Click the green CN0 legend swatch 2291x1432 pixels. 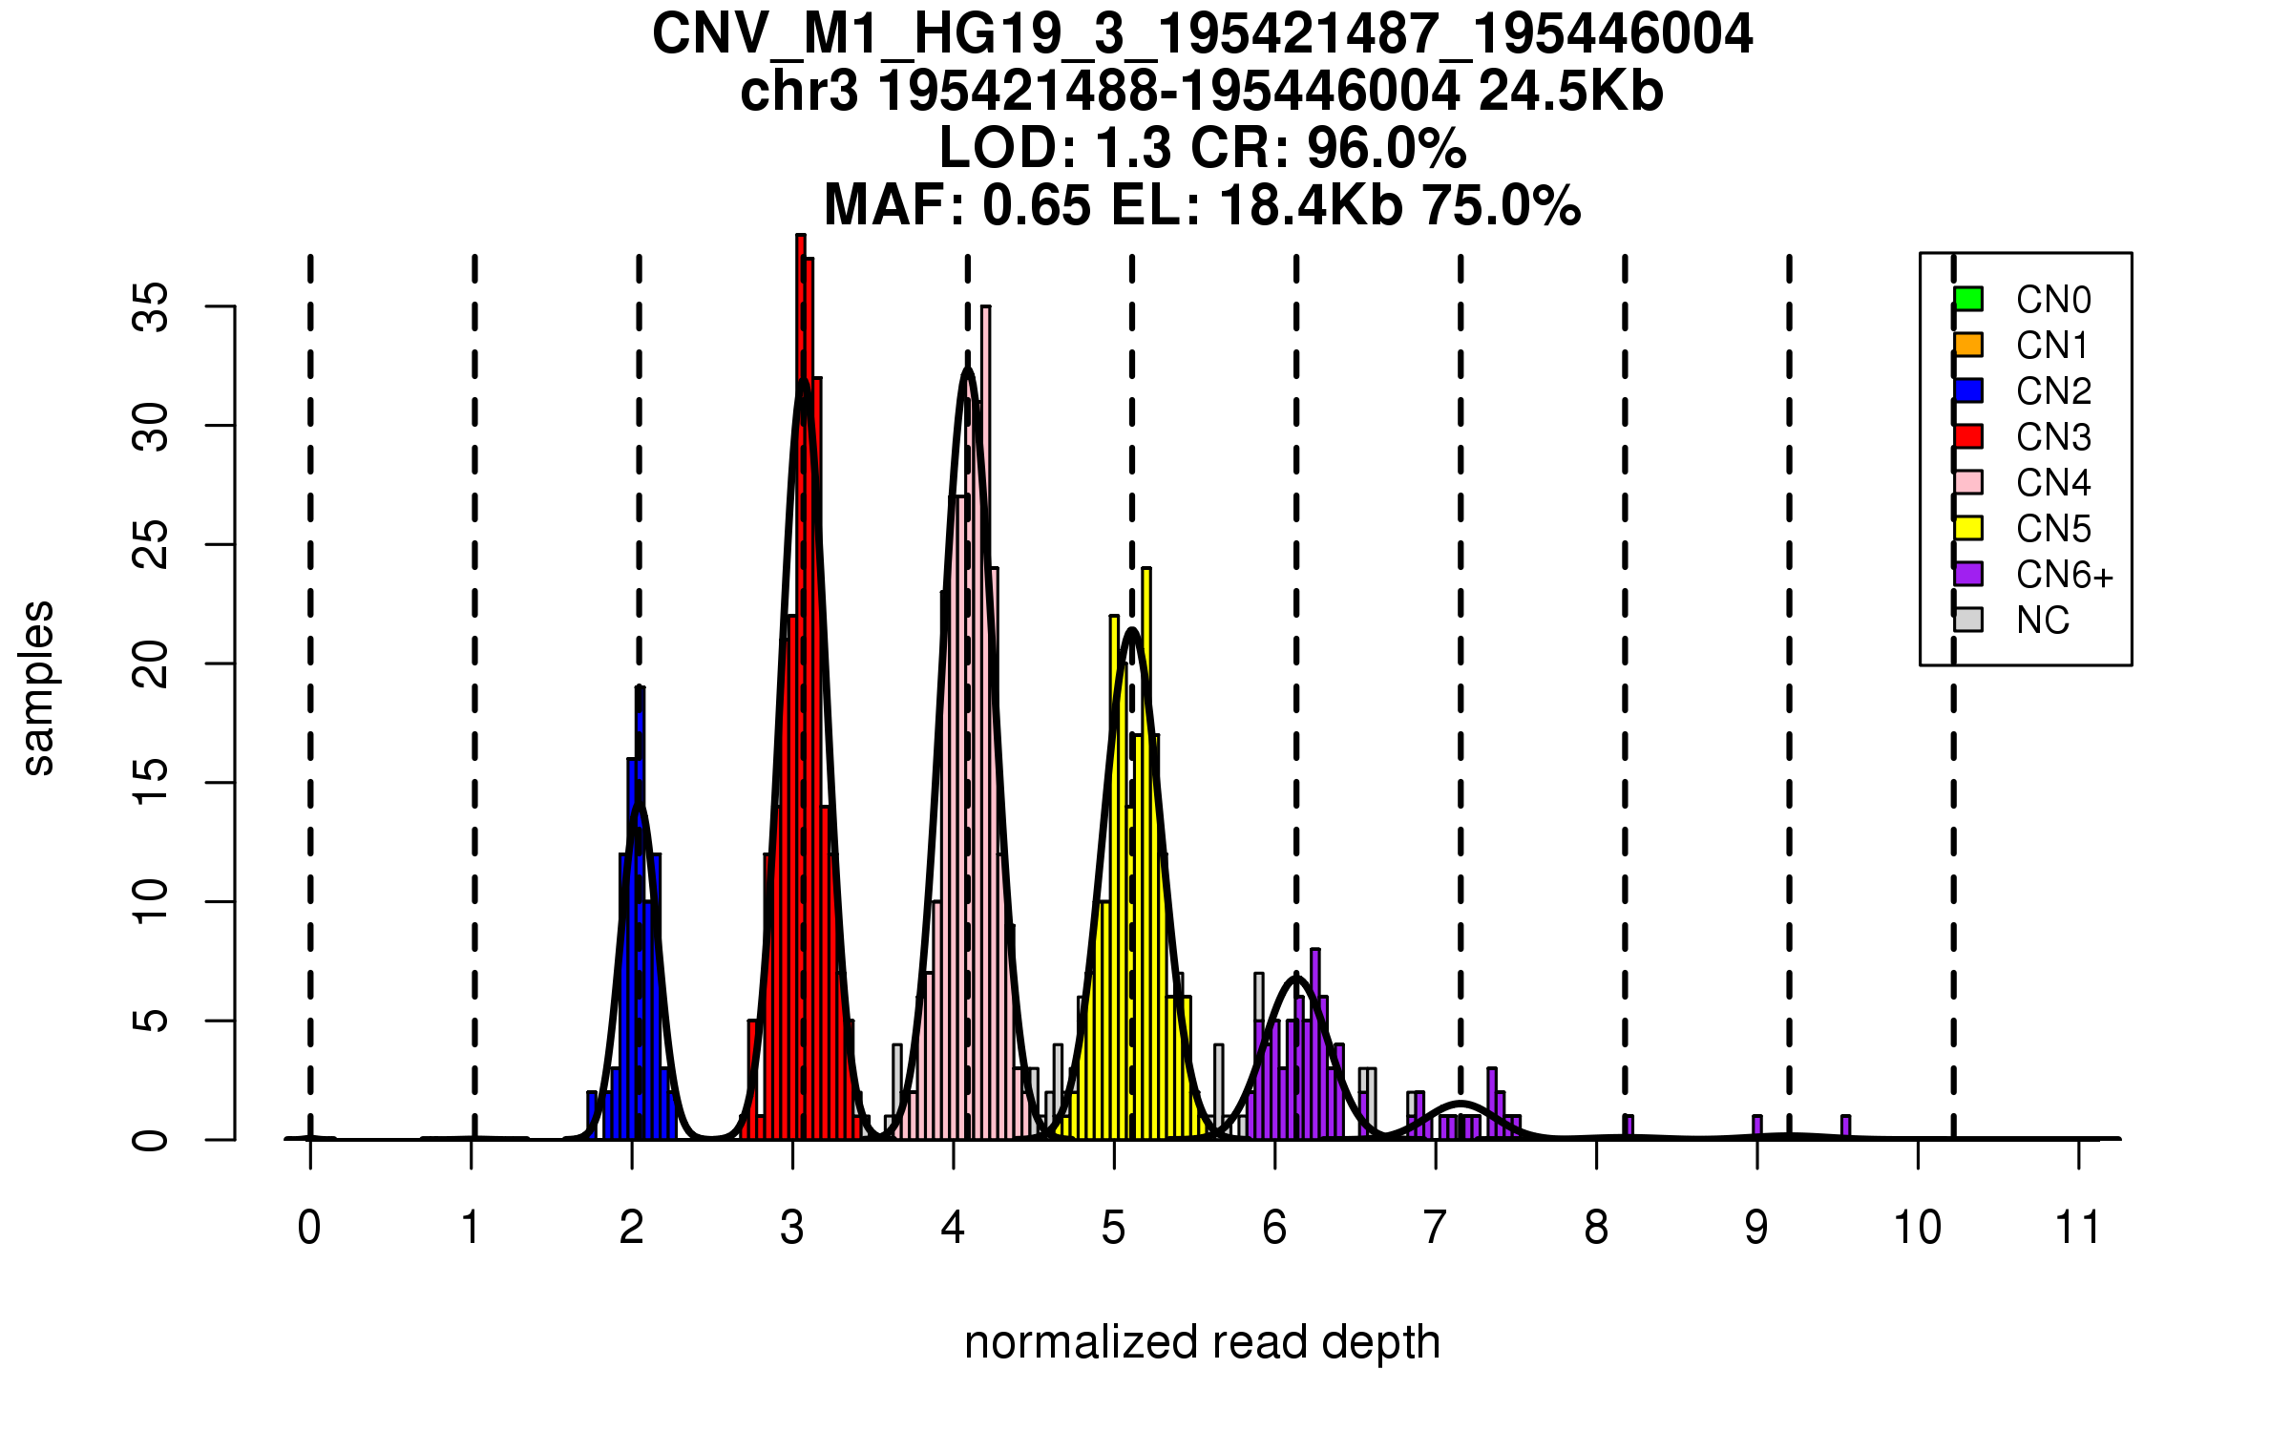pyautogui.click(x=1968, y=299)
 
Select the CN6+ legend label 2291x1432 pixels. pyautogui.click(x=2065, y=575)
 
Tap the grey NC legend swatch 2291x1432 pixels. pyautogui.click(x=1968, y=620)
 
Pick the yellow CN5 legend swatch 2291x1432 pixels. pyautogui.click(x=1968, y=528)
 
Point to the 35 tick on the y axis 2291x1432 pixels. pyautogui.click(x=221, y=306)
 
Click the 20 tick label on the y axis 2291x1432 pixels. pyautogui.click(x=151, y=663)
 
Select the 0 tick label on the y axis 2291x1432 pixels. pyautogui.click(x=151, y=1139)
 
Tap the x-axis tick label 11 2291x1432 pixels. pyautogui.click(x=2078, y=1228)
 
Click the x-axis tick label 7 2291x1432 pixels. pyautogui.click(x=1435, y=1228)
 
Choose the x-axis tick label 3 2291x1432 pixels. pyautogui.click(x=791, y=1228)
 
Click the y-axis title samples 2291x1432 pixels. pyautogui.click(x=38, y=687)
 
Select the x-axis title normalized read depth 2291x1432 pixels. pyautogui.click(x=1202, y=1342)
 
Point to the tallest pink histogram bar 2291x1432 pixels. pyautogui.click(x=985, y=315)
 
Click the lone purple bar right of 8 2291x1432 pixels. pyautogui.click(x=1629, y=1127)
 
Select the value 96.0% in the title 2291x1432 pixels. pyautogui.click(x=1386, y=149)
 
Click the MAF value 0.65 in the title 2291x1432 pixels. pyautogui.click(x=1036, y=206)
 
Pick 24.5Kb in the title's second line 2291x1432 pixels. pyautogui.click(x=1570, y=92)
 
